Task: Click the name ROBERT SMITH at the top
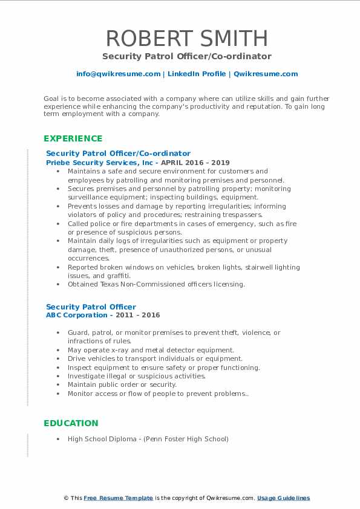(187, 38)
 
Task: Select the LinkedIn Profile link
(197, 74)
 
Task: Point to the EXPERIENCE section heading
(73, 138)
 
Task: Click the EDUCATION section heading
(71, 423)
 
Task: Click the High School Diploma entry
(148, 439)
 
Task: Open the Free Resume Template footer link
(118, 498)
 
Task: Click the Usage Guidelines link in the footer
(283, 498)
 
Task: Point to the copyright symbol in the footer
(67, 498)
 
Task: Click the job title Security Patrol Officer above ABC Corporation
(91, 306)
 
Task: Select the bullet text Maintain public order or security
(122, 384)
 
